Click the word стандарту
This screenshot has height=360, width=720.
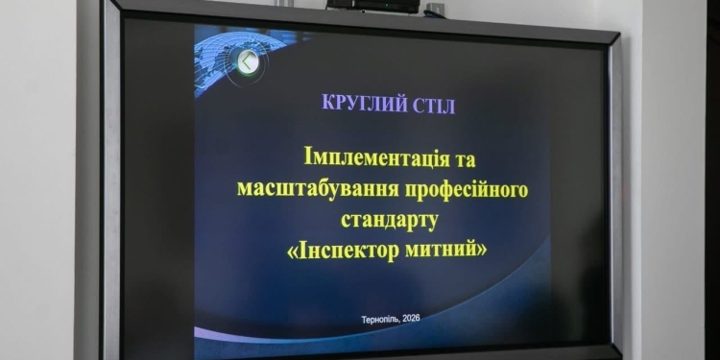(x=388, y=220)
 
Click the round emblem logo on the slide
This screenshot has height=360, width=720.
(x=249, y=63)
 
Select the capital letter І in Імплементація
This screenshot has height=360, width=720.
(x=308, y=156)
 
